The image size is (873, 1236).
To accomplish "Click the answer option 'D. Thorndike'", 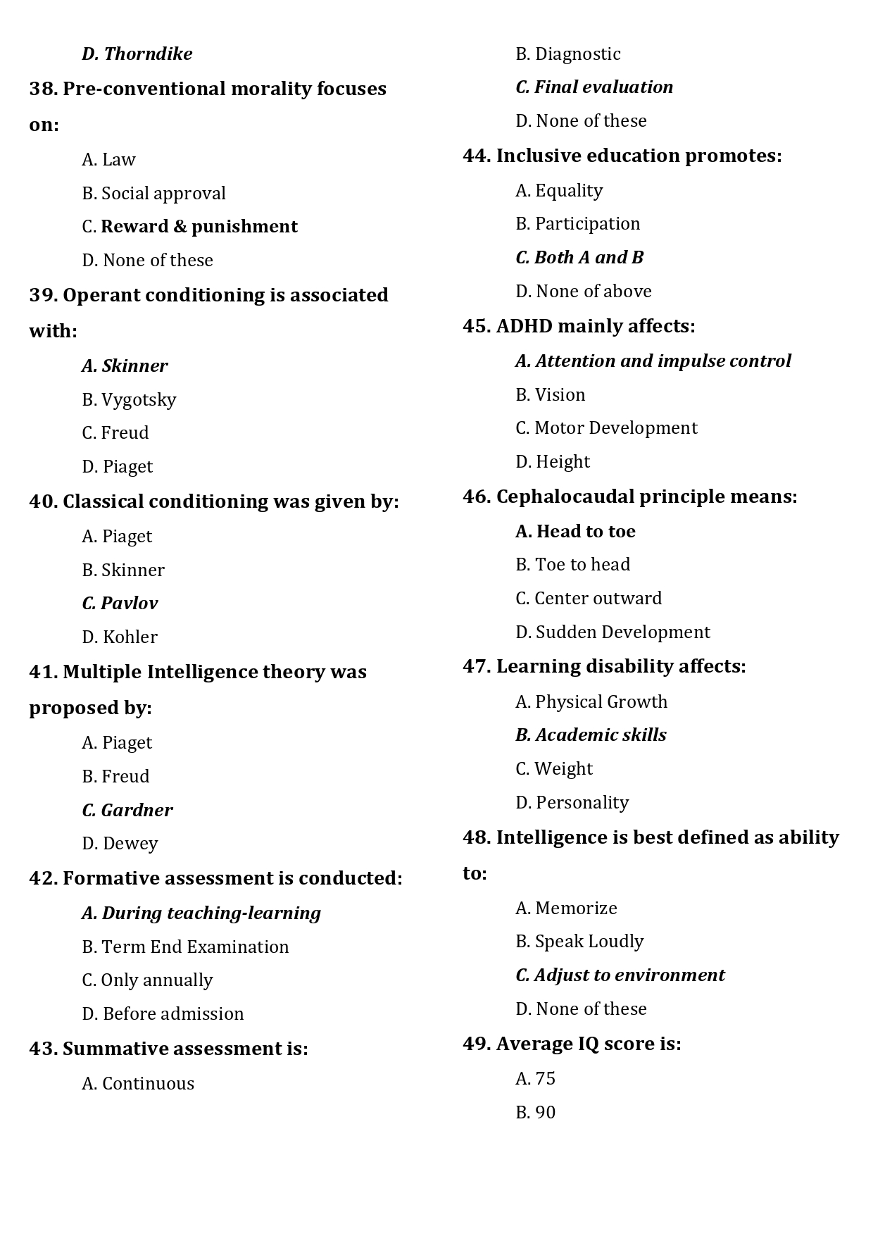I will [x=137, y=54].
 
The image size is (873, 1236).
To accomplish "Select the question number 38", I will [x=42, y=89].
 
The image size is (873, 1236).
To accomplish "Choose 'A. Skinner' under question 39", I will [x=125, y=366].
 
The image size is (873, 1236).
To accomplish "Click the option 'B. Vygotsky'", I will [x=129, y=400].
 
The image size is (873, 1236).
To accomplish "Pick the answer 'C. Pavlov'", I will [x=120, y=604].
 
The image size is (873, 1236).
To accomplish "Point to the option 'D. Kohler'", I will [x=120, y=637].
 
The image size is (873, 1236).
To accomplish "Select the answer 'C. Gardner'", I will [x=127, y=811].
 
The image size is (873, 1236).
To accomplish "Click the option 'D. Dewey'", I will [x=120, y=844].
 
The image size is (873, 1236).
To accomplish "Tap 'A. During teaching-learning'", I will [x=201, y=913].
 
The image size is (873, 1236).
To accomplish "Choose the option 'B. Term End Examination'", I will [x=185, y=947].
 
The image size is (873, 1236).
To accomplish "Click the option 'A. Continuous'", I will [x=138, y=1084].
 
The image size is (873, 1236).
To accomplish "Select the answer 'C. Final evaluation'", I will [x=594, y=87].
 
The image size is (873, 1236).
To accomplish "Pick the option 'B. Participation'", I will [x=577, y=224].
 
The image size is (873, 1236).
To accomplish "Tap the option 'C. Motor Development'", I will [x=606, y=428].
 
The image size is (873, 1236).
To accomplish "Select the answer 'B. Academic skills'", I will [x=591, y=735].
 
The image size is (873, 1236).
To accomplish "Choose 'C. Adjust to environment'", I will [x=620, y=975].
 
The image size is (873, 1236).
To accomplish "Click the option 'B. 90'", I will [x=535, y=1113].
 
